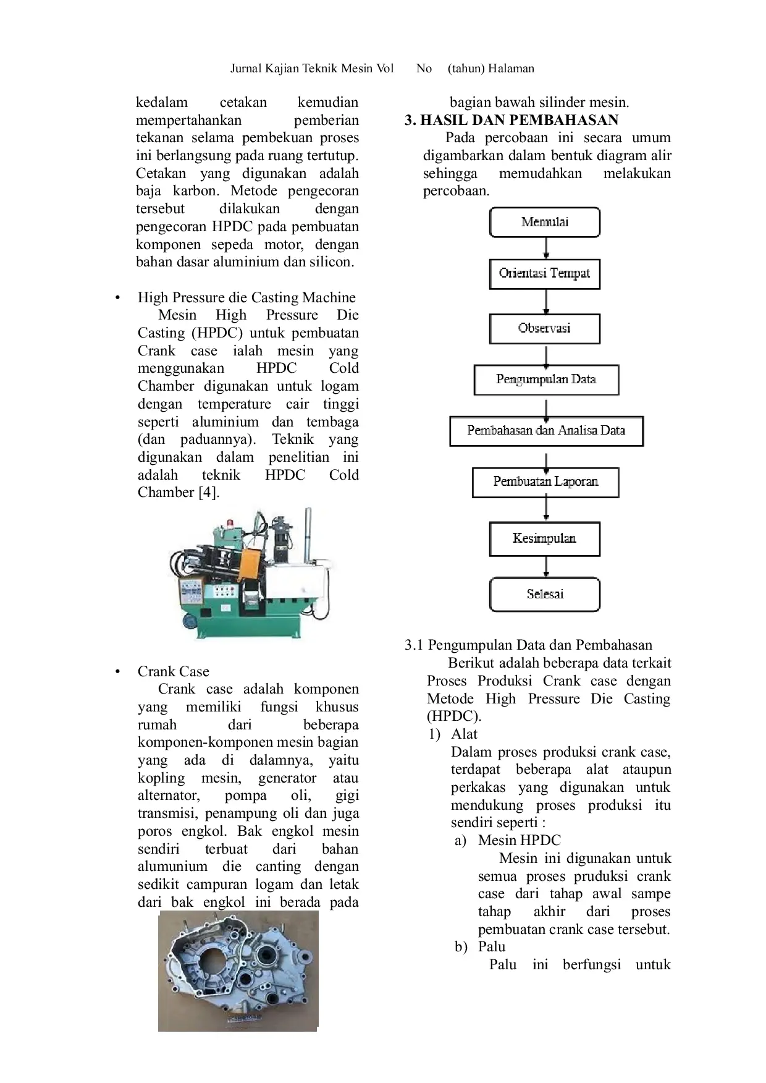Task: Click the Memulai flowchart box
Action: tap(544, 222)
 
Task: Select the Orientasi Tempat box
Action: tap(544, 274)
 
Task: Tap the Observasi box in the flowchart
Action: tap(544, 328)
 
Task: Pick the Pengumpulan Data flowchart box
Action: tap(546, 380)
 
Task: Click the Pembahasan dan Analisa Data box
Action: tap(546, 431)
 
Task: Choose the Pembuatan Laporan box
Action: tap(545, 482)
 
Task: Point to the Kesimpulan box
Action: tap(544, 539)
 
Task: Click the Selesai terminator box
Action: tap(544, 594)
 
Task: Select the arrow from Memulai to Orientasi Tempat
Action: tap(546, 248)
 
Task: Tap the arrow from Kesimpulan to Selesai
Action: tap(546, 567)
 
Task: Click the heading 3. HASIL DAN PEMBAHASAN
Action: tap(511, 120)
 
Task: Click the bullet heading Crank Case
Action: tap(174, 671)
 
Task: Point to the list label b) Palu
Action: tap(480, 947)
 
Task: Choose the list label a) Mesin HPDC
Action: tap(508, 841)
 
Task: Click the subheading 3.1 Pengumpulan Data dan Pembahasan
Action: tap(528, 645)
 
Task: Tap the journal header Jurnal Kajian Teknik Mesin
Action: tap(312, 69)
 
